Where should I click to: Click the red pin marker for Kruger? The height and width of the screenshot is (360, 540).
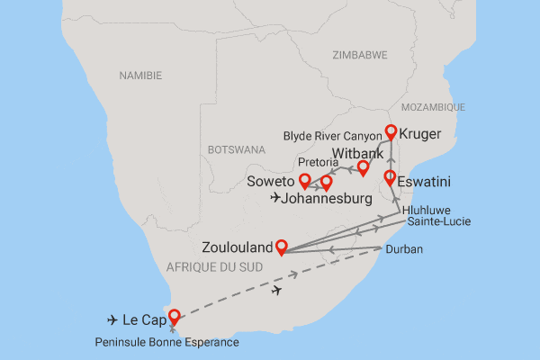(391, 132)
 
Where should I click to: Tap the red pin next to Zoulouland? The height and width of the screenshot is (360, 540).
(281, 246)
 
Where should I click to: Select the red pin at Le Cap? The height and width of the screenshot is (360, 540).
(174, 317)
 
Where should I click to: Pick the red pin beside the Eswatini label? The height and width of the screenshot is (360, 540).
(390, 177)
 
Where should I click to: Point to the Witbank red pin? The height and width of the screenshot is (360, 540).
(363, 167)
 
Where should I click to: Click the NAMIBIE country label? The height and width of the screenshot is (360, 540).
(141, 77)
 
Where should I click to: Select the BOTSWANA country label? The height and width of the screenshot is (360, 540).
(236, 148)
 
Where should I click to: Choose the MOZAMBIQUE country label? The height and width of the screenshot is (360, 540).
(434, 107)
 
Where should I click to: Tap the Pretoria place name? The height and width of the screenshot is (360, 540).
(320, 163)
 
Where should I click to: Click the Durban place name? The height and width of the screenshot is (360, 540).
(403, 247)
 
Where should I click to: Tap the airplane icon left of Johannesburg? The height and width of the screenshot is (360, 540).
(274, 198)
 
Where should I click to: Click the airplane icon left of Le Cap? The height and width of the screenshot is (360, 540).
(112, 319)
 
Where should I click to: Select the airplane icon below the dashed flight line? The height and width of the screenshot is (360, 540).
(278, 290)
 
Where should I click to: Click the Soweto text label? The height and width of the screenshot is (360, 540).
(271, 182)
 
